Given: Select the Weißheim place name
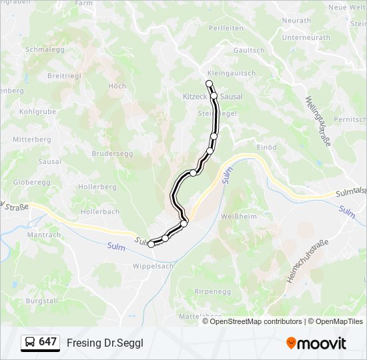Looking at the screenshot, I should (238, 217).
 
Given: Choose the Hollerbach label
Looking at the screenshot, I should (100, 211).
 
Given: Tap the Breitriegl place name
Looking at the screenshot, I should (64, 75).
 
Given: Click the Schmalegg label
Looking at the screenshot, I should (44, 49).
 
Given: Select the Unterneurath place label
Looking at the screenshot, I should (306, 38).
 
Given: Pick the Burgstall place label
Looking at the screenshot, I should (38, 301).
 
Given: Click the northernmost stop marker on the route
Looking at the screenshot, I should (210, 83).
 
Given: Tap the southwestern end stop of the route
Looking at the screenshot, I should (151, 245).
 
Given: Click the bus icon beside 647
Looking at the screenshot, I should (30, 343).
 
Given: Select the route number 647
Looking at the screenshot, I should (48, 342).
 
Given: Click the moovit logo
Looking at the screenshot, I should (316, 343).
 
